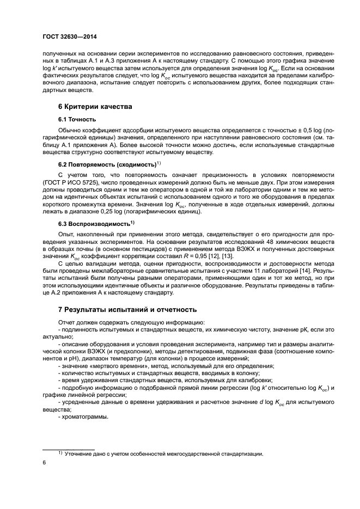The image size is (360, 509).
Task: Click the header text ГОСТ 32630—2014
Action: pyautogui.click(x=74, y=38)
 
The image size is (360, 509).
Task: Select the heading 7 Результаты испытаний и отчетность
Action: pyautogui.click(x=127, y=309)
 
